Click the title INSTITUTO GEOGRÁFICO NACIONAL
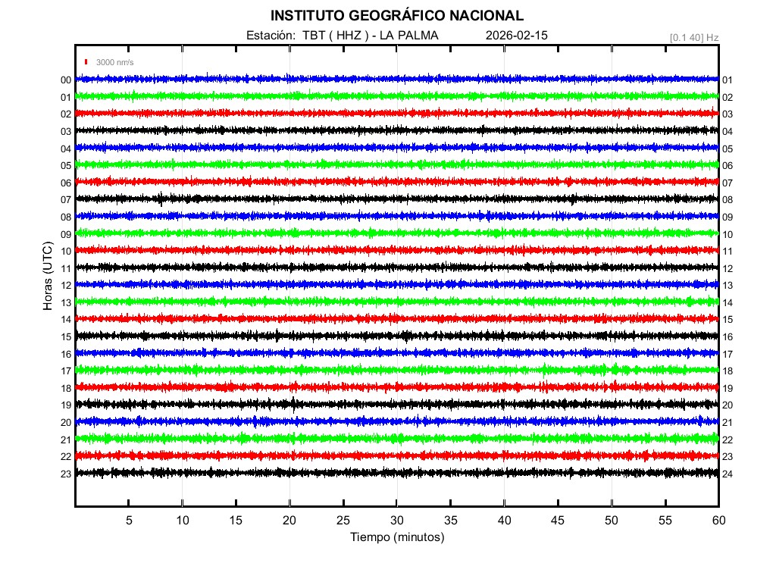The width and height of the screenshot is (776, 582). pos(396,15)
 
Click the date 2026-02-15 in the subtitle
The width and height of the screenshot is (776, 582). pos(516,36)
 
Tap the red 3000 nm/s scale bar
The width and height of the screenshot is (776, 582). pos(87,62)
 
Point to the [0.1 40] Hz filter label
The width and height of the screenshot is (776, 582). pos(693,36)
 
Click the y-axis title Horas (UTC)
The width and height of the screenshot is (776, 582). pos(48,276)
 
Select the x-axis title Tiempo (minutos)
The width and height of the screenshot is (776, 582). pos(396,537)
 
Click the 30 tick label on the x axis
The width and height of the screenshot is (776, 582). pos(396,520)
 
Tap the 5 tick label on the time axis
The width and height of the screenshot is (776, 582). pos(129,520)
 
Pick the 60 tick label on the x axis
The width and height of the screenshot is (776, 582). pos(718,520)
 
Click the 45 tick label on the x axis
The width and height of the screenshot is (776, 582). pos(558,520)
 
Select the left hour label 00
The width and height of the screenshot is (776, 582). pos(66,80)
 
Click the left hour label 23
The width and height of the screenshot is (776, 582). pos(66,474)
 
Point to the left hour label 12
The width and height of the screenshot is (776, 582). pos(66,286)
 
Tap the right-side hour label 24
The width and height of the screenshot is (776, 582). pos(727,474)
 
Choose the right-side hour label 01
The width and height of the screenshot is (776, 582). pos(727,80)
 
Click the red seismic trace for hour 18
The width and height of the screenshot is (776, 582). pos(396,386)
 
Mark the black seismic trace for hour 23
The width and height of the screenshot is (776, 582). pos(396,472)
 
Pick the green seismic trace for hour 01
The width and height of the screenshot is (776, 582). pos(396,96)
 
